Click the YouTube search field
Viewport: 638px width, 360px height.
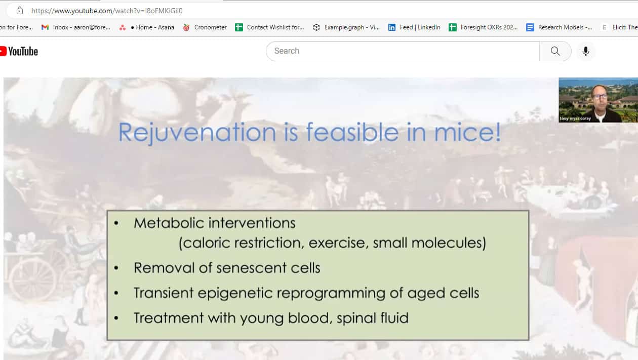(403, 51)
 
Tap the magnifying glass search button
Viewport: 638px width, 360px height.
(555, 51)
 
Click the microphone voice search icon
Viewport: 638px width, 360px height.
(585, 51)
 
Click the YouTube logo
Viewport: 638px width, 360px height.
(19, 51)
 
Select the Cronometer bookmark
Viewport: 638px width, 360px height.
(205, 27)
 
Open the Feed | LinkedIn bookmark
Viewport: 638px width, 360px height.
(414, 27)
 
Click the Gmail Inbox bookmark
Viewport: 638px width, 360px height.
(76, 27)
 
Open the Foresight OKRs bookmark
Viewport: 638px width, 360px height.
(483, 27)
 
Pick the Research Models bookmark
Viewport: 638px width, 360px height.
(559, 27)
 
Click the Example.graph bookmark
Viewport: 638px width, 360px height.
(346, 27)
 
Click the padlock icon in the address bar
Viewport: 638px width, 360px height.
(20, 11)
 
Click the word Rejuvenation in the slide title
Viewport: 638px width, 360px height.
(197, 133)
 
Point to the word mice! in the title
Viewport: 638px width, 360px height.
(467, 132)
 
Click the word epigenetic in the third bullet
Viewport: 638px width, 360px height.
(235, 293)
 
